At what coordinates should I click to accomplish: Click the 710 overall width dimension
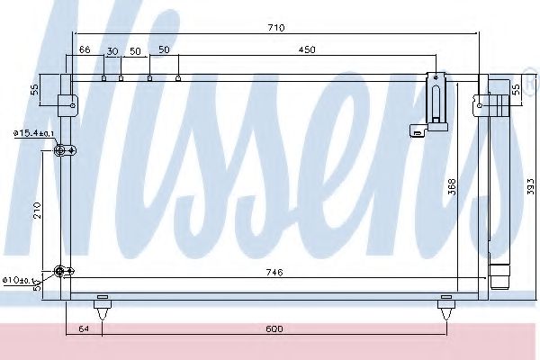[x=275, y=28]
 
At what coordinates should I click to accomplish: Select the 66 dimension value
[x=85, y=51]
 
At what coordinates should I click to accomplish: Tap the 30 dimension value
[x=112, y=51]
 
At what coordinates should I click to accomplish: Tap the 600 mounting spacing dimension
[x=274, y=329]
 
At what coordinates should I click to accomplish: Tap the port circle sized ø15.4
[x=61, y=150]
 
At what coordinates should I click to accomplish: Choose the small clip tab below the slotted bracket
[x=418, y=131]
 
